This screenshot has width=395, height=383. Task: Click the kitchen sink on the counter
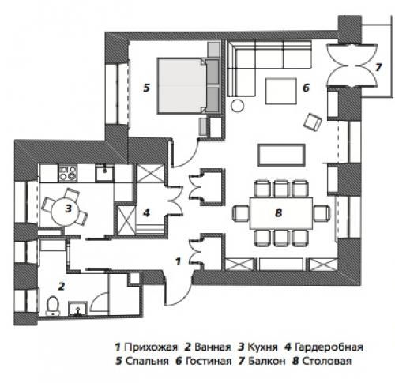pyautogui.click(x=103, y=170)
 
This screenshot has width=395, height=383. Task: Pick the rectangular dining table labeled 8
pyautogui.click(x=280, y=212)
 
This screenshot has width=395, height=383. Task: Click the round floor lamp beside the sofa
pyautogui.click(x=236, y=105)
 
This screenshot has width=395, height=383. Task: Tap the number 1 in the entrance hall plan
pyautogui.click(x=177, y=259)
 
